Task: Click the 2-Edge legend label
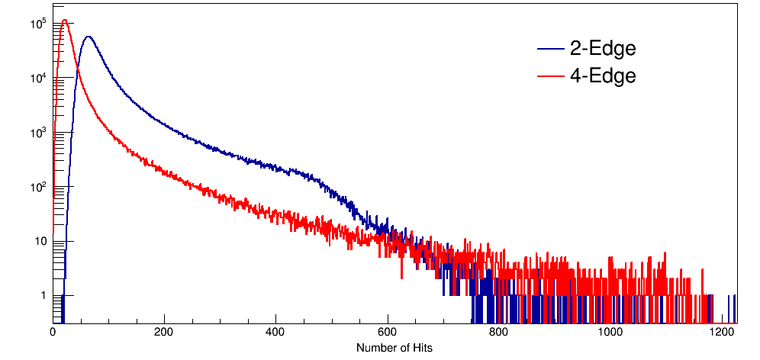tap(603, 49)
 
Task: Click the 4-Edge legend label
tap(603, 76)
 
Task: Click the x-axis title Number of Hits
tap(394, 348)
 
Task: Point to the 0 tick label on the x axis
tap(53, 333)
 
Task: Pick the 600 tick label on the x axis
tap(388, 333)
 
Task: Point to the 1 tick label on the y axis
tap(43, 295)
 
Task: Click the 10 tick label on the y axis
tap(40, 241)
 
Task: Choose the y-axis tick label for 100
tap(38, 187)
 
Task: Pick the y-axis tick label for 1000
tap(38, 133)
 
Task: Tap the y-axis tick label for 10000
tap(38, 79)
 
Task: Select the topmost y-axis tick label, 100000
tap(38, 24)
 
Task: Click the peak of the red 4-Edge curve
tap(65, 21)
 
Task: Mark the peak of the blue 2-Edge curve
tap(89, 37)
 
